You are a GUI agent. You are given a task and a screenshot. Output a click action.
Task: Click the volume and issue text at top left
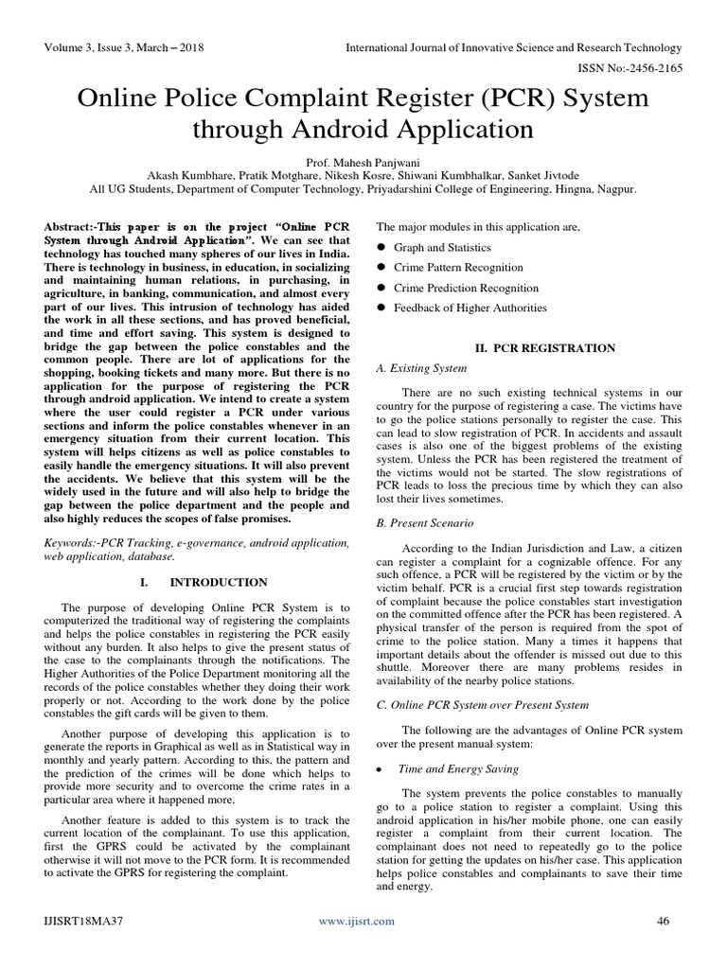coord(123,47)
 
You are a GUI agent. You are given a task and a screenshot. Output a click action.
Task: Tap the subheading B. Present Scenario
coord(425,522)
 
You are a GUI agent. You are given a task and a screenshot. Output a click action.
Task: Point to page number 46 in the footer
coord(662,920)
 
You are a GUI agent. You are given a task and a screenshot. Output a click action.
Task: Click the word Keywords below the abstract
coord(73,544)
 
